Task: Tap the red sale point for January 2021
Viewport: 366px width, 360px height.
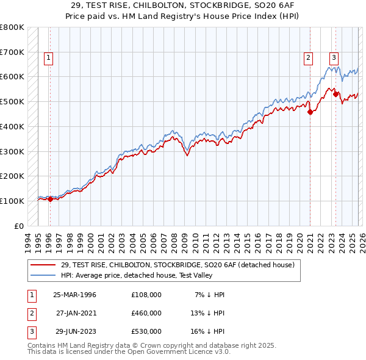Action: tap(310, 112)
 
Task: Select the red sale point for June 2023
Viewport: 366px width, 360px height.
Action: tap(335, 94)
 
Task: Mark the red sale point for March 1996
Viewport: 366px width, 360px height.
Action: tap(49, 199)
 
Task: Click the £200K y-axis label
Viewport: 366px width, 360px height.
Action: tap(12, 176)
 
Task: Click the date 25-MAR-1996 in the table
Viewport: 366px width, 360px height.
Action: tap(74, 295)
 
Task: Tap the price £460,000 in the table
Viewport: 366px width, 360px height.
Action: tap(146, 312)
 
